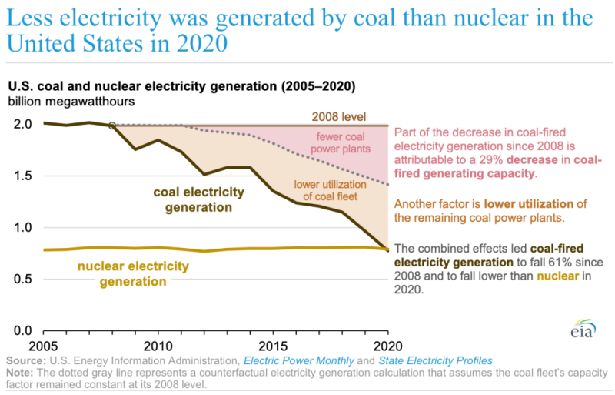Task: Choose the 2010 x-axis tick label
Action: (158, 345)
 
